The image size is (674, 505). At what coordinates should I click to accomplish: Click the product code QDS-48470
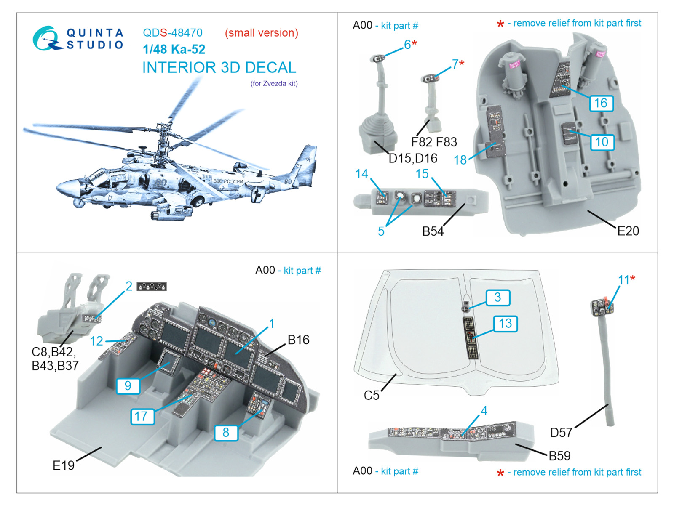tap(172, 33)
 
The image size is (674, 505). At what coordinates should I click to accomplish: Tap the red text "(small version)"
tap(261, 33)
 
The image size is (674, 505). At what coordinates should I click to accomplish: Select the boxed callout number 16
tap(601, 103)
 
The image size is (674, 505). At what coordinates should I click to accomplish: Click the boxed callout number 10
tap(602, 142)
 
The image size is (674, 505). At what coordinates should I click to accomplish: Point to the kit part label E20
tap(628, 231)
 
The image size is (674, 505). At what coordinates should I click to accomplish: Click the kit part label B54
tap(433, 231)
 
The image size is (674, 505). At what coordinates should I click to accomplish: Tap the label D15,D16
tap(413, 158)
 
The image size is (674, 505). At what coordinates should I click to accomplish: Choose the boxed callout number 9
tap(128, 385)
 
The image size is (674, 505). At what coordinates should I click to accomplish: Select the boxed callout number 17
tap(142, 416)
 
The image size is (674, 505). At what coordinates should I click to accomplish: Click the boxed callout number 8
tap(226, 432)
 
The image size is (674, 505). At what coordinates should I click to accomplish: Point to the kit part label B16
tap(298, 340)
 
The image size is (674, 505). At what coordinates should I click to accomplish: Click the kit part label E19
tap(63, 465)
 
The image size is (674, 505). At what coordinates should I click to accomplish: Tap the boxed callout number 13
tap(505, 323)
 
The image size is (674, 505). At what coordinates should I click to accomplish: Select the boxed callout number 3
tap(497, 297)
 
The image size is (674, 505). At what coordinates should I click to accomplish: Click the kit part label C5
tap(372, 395)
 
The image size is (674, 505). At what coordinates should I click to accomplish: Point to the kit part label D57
tap(561, 432)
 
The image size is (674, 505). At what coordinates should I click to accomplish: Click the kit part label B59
tap(559, 455)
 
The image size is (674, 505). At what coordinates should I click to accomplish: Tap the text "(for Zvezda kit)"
tap(274, 83)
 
